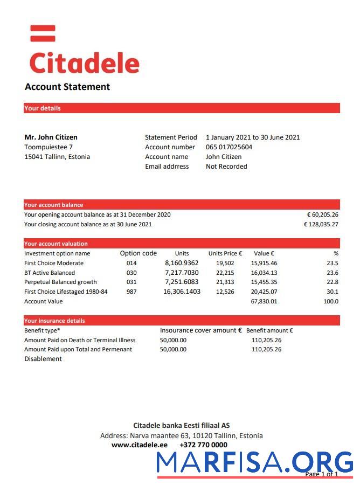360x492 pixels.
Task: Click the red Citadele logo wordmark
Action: tap(84, 63)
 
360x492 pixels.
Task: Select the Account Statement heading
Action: tap(67, 87)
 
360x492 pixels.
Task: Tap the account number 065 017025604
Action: tap(229, 147)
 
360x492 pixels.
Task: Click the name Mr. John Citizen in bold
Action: tap(51, 137)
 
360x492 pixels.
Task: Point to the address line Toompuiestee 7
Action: tap(49, 147)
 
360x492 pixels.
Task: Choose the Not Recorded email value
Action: tap(226, 167)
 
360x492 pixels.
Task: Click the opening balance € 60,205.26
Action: tap(322, 214)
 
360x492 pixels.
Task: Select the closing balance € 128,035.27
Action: tap(321, 224)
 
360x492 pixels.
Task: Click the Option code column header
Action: tap(139, 253)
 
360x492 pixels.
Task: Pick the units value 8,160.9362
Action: tap(182, 263)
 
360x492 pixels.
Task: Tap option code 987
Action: tap(131, 292)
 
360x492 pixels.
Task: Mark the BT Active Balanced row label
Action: tap(50, 273)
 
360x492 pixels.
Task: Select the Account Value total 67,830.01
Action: tap(264, 301)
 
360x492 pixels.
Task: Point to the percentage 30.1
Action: tap(333, 292)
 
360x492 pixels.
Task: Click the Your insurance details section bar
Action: tap(182, 321)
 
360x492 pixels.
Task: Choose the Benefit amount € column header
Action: tap(269, 330)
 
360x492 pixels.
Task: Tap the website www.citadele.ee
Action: tap(140, 445)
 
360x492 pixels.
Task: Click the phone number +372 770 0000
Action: tap(203, 445)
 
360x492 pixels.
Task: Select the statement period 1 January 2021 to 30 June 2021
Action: tap(253, 137)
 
